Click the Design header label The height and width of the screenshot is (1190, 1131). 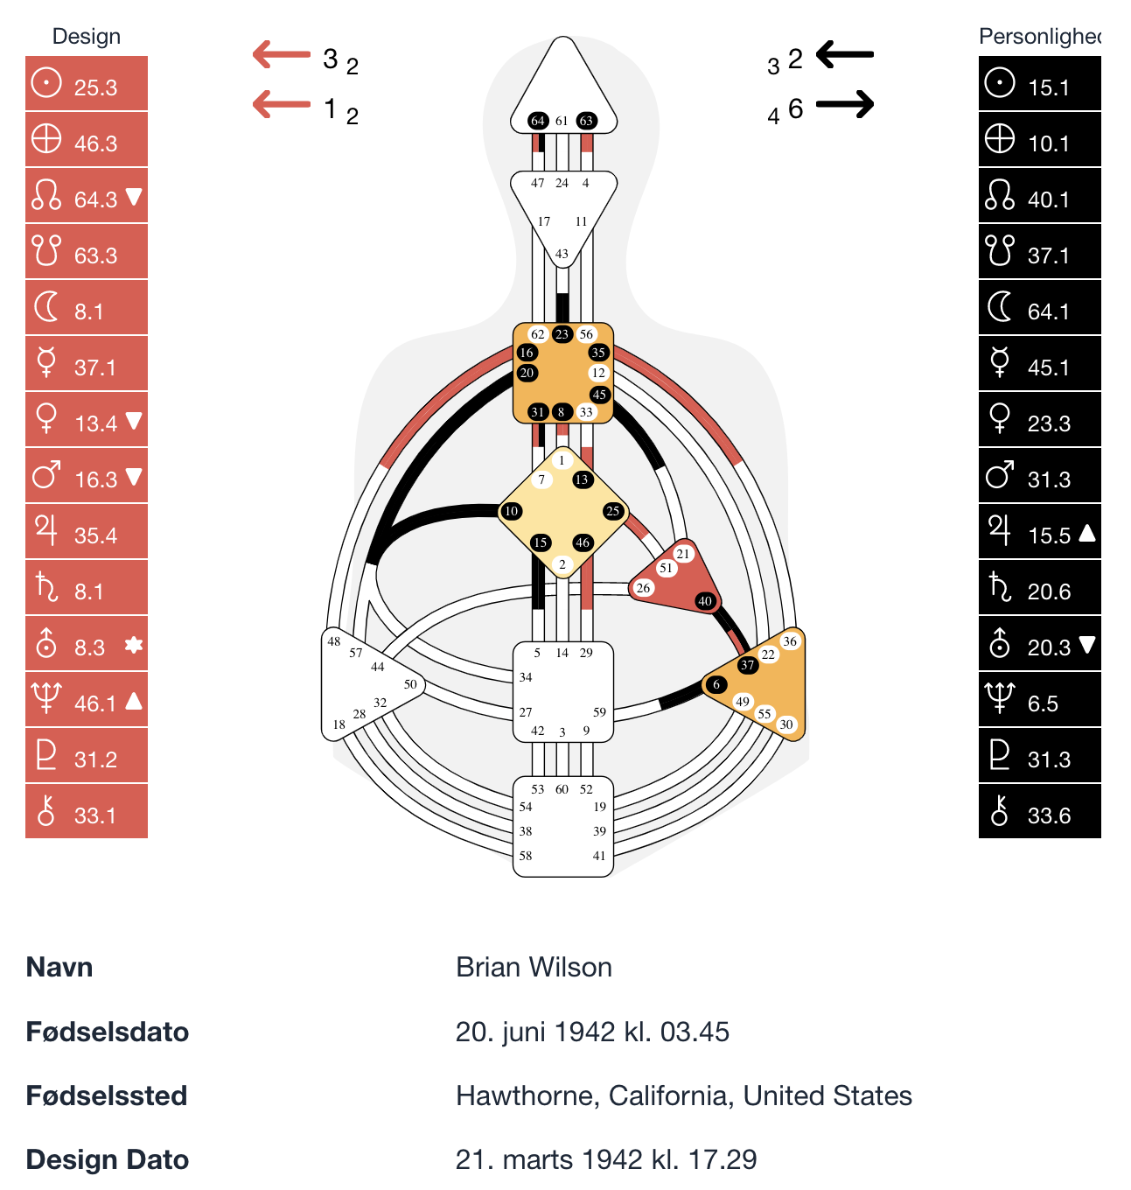tap(86, 37)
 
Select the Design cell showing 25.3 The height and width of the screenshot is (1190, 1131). tap(87, 84)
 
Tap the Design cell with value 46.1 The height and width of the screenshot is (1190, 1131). tap(87, 700)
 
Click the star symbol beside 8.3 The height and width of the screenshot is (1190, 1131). tap(133, 646)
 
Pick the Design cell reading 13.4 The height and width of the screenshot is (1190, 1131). tap(87, 420)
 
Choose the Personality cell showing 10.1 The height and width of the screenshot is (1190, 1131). tap(1039, 140)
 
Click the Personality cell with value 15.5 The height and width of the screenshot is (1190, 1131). tap(1039, 532)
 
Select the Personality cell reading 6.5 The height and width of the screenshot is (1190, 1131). tap(1039, 700)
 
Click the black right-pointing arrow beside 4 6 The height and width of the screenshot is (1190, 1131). tap(845, 105)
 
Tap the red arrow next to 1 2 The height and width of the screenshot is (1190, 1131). tap(282, 105)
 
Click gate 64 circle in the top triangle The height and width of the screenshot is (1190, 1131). tap(538, 121)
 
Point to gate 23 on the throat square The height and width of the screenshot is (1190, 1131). tap(562, 333)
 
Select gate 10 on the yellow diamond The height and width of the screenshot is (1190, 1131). tap(511, 511)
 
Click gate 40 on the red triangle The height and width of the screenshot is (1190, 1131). tap(705, 601)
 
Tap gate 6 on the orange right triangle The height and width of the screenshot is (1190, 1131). tap(716, 684)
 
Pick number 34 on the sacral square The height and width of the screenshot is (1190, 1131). tap(526, 677)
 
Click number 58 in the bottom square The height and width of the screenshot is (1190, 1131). tap(526, 856)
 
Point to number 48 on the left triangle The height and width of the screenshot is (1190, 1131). tap(334, 641)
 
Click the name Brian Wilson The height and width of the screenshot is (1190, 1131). tap(534, 967)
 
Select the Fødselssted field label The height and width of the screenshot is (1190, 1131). tap(107, 1095)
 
